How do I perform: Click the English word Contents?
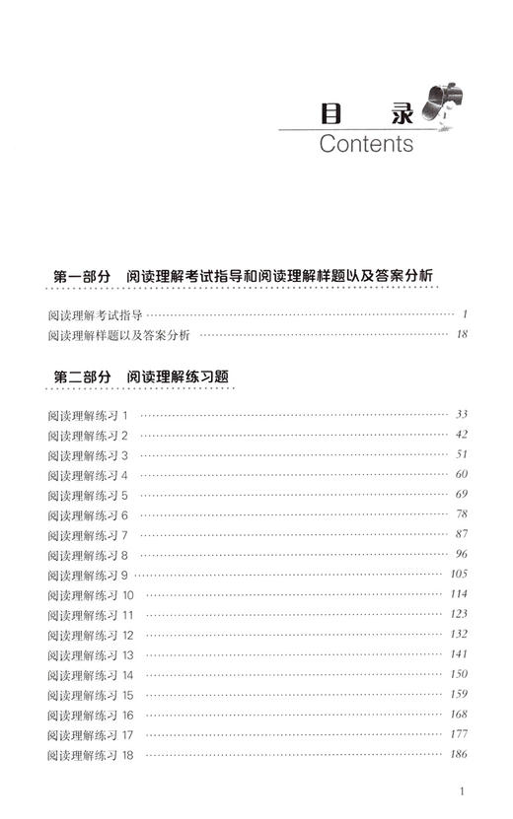[366, 144]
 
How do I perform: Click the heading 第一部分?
[80, 277]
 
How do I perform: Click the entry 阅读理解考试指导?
[95, 315]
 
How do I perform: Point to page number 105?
[459, 575]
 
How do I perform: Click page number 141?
[459, 654]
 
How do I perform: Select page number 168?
[459, 715]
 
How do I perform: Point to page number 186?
[459, 755]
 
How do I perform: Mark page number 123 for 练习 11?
[459, 614]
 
